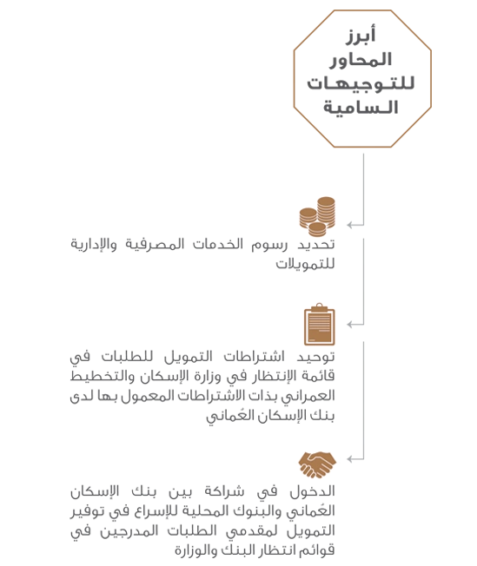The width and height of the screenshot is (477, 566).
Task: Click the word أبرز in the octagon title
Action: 361,35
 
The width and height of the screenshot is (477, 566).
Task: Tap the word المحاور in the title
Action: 361,60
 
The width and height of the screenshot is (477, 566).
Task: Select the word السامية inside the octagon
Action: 361,107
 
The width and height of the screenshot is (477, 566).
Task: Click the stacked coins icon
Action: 317,216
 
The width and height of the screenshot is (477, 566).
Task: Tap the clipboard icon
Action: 320,325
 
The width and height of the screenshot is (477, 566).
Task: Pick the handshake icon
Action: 317,464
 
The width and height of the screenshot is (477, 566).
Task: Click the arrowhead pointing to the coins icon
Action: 350,225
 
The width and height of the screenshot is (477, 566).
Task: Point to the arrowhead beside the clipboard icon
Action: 350,324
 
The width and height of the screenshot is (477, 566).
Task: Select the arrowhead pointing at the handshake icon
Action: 350,459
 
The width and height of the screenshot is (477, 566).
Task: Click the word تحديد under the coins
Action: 316,245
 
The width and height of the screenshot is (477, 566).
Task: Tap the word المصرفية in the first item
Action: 155,245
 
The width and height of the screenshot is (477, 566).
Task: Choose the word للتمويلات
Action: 305,264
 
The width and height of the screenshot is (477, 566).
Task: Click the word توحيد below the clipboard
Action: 316,357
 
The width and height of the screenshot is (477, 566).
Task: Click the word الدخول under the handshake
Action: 313,491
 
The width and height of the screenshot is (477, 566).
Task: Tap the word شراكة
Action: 224,491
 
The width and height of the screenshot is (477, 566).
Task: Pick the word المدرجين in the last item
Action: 129,531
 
